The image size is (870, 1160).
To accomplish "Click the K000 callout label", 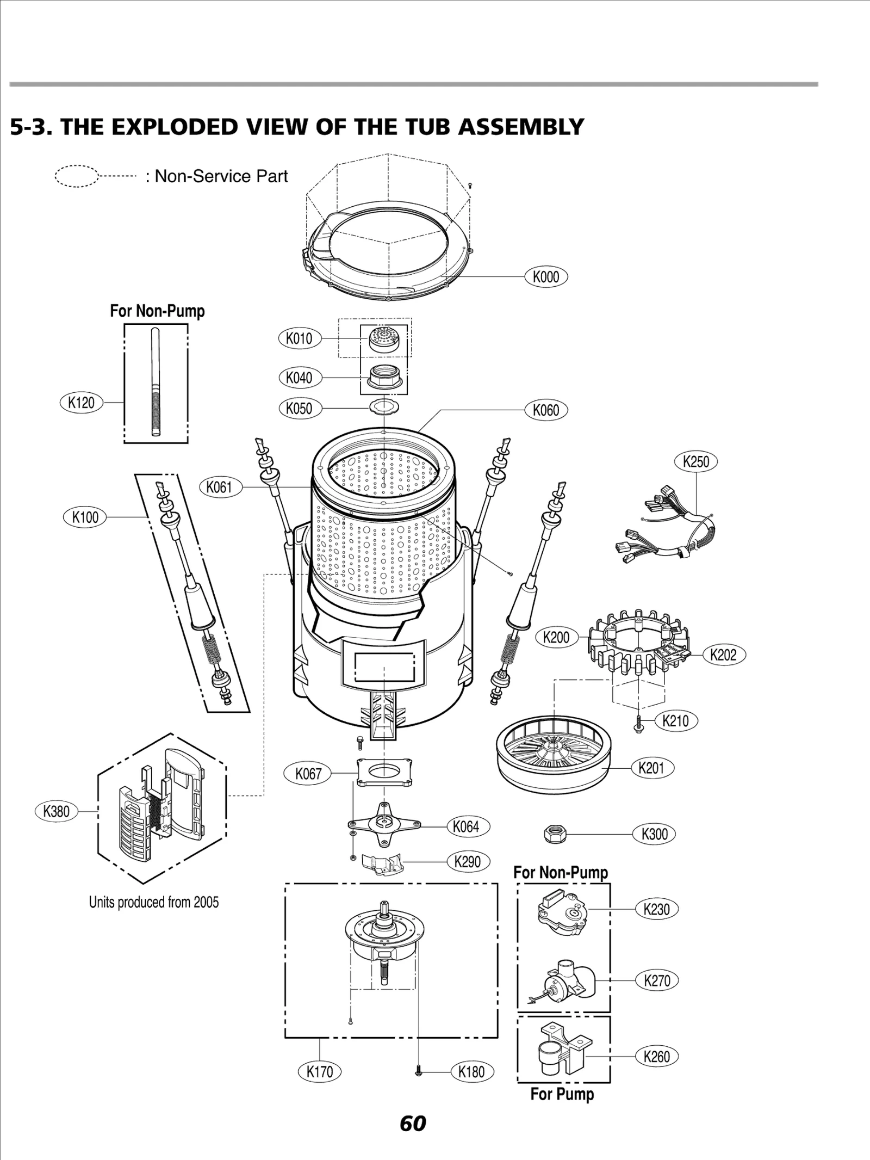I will pos(545,276).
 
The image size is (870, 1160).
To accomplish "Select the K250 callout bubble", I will pos(695,461).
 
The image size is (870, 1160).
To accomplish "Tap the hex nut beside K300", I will pos(555,834).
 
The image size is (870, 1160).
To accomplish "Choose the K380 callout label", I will pos(56,811).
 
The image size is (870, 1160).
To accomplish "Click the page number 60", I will pos(413,1123).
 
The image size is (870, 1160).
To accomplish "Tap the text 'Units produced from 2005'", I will pos(154,902).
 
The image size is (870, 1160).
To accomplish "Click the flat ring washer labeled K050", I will pos(384,406).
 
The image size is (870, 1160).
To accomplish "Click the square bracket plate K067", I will pos(384,772).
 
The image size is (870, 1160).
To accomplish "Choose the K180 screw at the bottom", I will pos(419,1071).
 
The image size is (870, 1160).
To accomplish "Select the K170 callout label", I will pos(319,1071).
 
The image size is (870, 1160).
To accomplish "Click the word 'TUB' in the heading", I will pos(424,127).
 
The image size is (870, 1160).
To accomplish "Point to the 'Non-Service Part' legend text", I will pos(221,176).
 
